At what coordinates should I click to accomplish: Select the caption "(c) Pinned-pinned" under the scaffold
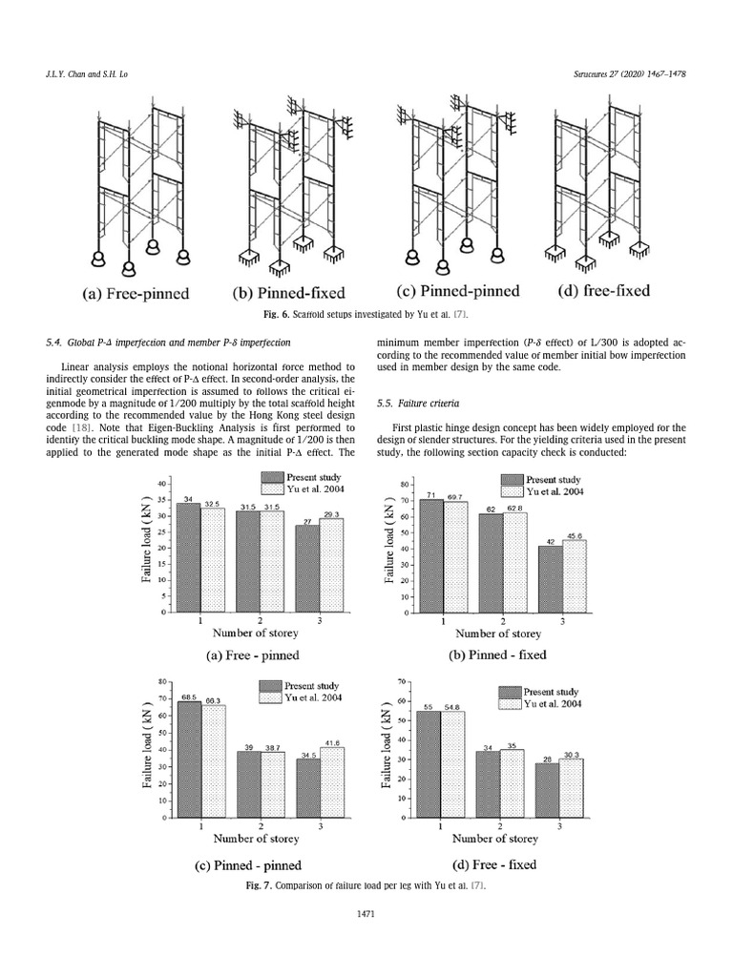point(458,291)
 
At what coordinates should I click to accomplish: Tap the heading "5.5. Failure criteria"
point(408,405)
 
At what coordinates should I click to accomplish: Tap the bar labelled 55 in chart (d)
point(429,763)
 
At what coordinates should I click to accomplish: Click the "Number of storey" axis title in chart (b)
point(498,633)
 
